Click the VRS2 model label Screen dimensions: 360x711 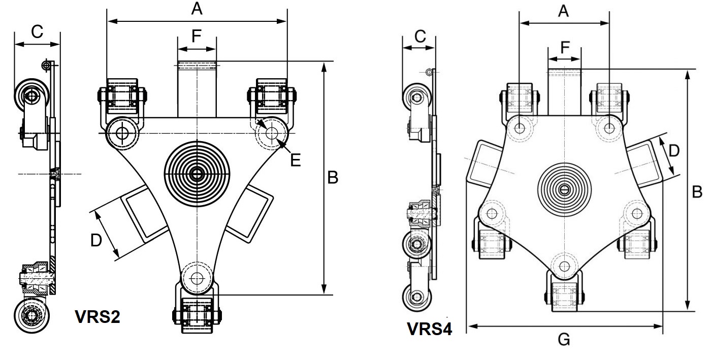(98, 317)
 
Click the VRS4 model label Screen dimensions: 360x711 (430, 329)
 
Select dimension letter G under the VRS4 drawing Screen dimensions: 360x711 (564, 339)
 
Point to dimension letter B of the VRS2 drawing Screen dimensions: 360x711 (332, 177)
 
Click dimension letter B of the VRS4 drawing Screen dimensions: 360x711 (697, 191)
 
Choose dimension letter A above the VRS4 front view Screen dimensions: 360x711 (563, 11)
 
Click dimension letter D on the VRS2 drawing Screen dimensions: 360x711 (96, 240)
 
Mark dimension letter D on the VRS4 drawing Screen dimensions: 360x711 (673, 150)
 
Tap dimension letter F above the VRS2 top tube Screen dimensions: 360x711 (196, 36)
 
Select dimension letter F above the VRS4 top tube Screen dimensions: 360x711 (564, 47)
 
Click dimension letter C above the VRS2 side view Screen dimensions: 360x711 (37, 32)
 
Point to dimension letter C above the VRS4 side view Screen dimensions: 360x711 (419, 37)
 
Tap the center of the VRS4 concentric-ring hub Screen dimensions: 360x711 (563, 189)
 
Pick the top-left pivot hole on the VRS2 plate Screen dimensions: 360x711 (122, 133)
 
